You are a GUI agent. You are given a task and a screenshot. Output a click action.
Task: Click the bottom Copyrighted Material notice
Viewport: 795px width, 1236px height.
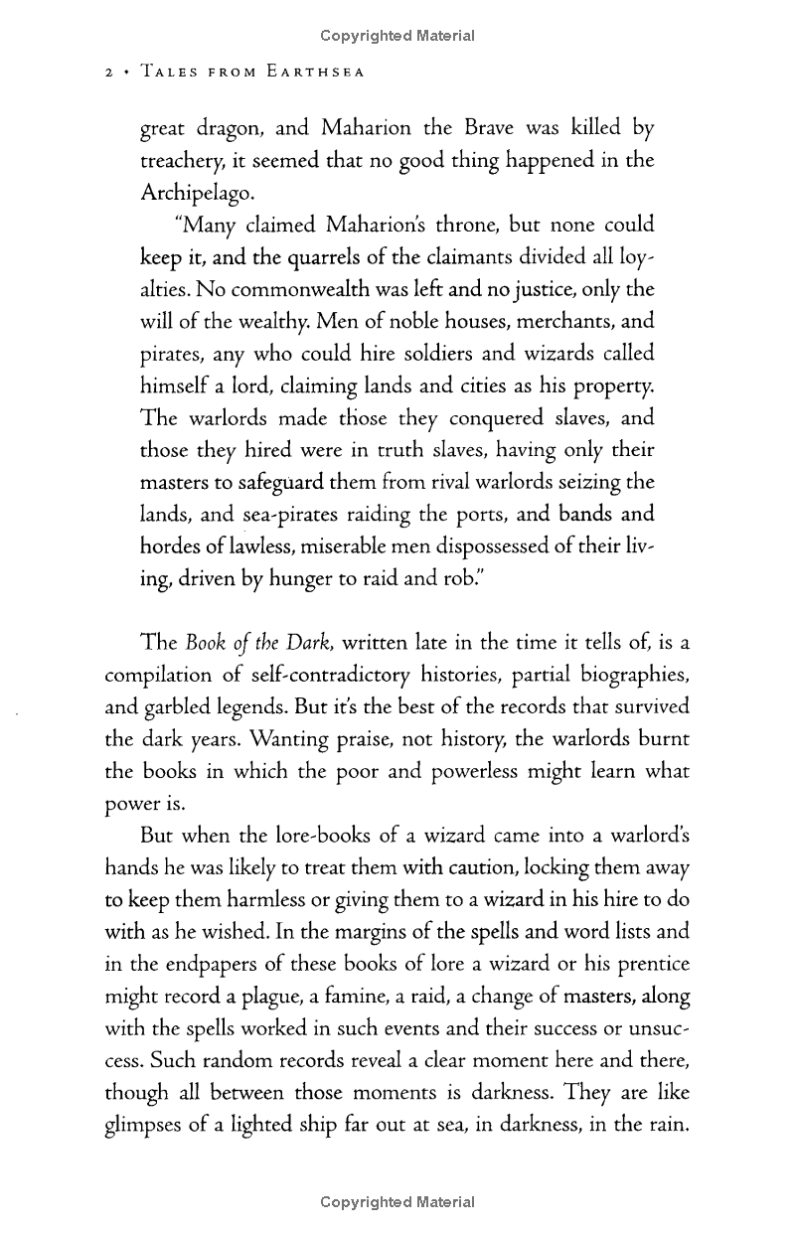[397, 1202]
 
